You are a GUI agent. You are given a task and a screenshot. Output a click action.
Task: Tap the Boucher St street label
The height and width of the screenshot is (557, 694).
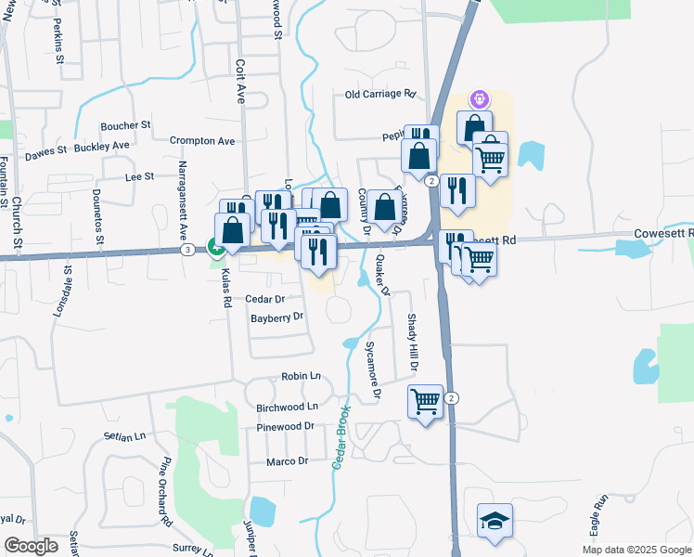click(x=125, y=124)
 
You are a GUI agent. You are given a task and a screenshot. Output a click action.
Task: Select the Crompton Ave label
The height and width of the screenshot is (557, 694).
click(x=202, y=141)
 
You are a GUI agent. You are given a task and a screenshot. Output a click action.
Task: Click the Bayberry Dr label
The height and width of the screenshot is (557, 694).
click(x=276, y=317)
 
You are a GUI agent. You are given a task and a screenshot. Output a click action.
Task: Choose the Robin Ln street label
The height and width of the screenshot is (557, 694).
click(x=301, y=377)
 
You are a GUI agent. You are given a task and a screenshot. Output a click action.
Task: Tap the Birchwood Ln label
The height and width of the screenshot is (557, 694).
click(x=287, y=407)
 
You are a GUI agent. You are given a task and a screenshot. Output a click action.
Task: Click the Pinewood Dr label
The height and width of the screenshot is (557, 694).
click(x=285, y=426)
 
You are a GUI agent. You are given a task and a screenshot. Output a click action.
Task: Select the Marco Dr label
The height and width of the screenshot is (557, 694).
click(x=287, y=461)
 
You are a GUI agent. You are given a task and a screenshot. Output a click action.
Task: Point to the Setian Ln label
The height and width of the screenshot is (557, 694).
click(x=126, y=435)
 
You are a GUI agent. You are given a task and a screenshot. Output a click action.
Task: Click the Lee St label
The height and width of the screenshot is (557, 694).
click(x=138, y=175)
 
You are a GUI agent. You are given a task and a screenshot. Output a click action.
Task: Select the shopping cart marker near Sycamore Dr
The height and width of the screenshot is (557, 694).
click(x=425, y=402)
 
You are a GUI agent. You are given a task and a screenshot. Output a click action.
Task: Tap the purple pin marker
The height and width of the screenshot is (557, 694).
click(x=479, y=97)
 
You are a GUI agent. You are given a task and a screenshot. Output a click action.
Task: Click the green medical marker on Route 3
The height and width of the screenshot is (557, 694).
click(x=215, y=248)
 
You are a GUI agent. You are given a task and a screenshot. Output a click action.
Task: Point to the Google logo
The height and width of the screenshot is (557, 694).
click(x=31, y=546)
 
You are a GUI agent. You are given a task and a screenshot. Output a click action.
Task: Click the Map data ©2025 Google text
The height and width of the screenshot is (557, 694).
click(x=636, y=550)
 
